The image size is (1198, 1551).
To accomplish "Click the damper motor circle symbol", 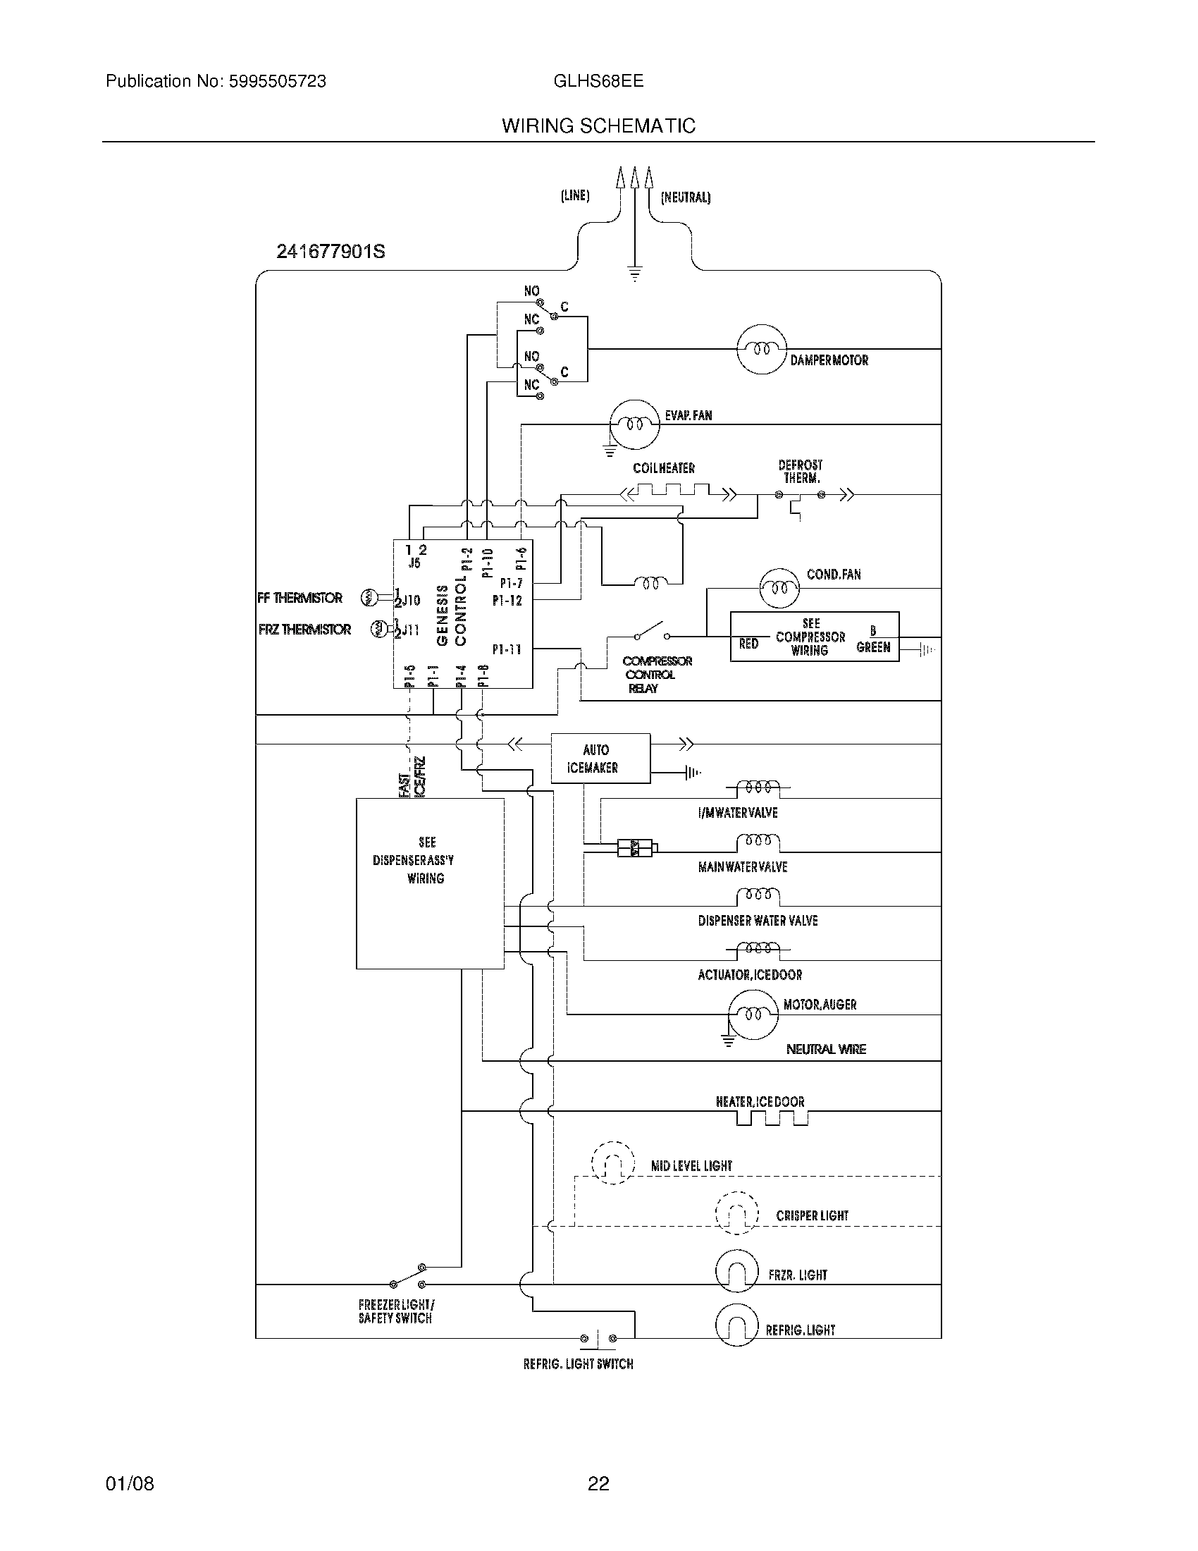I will coord(762,349).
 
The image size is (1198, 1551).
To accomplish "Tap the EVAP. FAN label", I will coord(688,415).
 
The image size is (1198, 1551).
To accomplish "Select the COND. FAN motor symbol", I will coord(779,588).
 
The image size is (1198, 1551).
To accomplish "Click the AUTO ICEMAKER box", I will coord(600,759).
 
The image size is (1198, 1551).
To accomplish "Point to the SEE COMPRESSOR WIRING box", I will coord(813,637).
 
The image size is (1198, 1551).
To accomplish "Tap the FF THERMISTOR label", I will coord(300,598).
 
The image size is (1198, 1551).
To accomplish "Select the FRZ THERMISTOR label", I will coord(304,629).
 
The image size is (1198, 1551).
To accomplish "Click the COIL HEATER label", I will coord(664,468).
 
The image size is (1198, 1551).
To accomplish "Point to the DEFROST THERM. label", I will coord(800,472).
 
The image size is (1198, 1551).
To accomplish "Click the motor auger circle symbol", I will coord(753,1014).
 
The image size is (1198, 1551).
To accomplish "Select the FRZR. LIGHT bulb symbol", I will coord(736,1270).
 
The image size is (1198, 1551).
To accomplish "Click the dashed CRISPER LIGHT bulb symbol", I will coord(736,1213).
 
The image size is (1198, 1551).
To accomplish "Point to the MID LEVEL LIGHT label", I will coord(691,1166).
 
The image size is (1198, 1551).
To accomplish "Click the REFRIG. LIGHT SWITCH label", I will coord(578,1364).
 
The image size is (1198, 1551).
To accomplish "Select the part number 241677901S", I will coord(331,252).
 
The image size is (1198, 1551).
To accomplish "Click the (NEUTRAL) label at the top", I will coord(685,197).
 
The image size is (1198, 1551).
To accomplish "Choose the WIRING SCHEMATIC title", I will coord(598,125).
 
